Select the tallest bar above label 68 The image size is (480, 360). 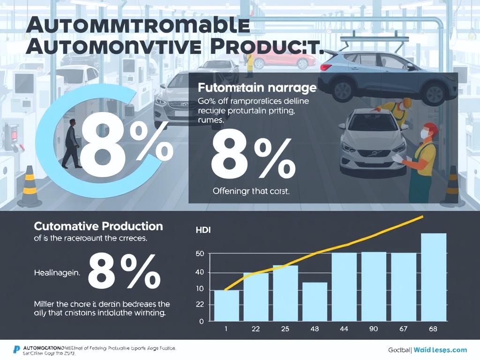[434, 277]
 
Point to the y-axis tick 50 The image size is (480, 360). [200, 254]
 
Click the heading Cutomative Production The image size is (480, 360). [98, 226]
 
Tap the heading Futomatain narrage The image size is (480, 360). [257, 88]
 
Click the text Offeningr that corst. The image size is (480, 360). [251, 191]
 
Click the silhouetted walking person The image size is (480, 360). [72, 143]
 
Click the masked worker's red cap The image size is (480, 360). [431, 127]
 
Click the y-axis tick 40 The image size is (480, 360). [200, 272]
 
